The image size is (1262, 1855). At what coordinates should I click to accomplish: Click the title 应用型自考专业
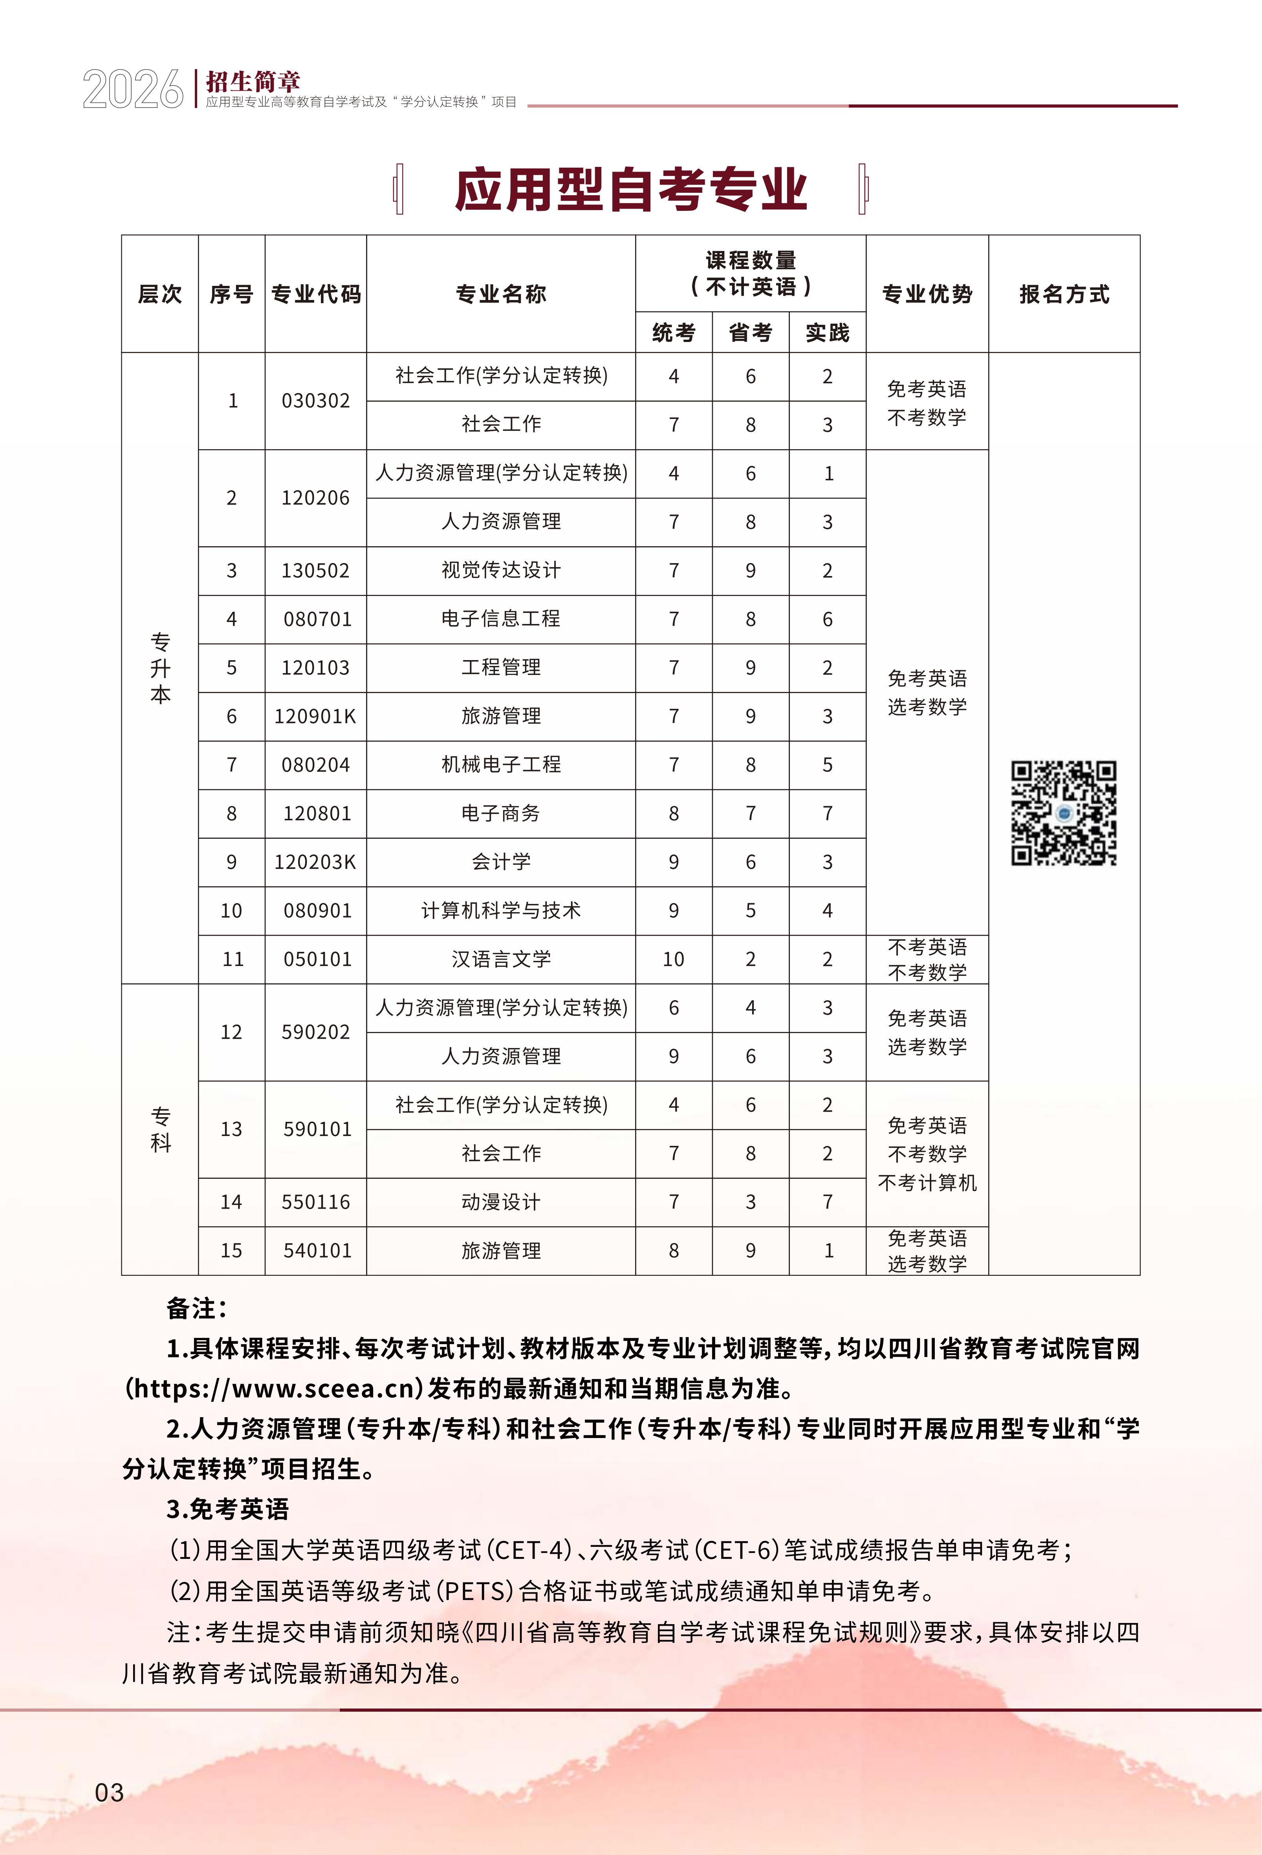[x=630, y=190]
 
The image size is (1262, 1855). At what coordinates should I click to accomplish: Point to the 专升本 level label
[x=160, y=668]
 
